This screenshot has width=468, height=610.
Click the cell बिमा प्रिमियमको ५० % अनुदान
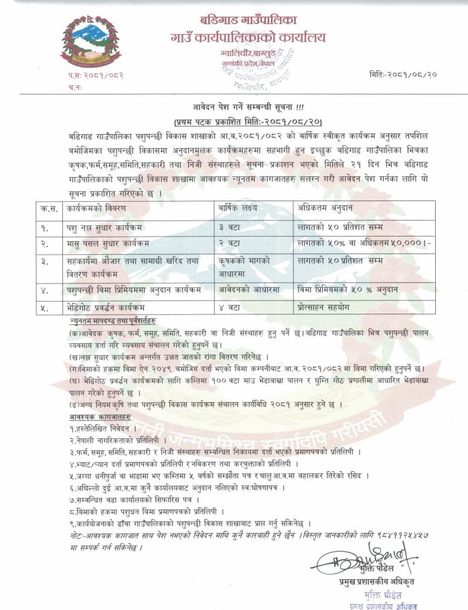(348, 290)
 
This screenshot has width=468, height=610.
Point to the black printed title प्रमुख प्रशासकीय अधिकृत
(378, 582)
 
